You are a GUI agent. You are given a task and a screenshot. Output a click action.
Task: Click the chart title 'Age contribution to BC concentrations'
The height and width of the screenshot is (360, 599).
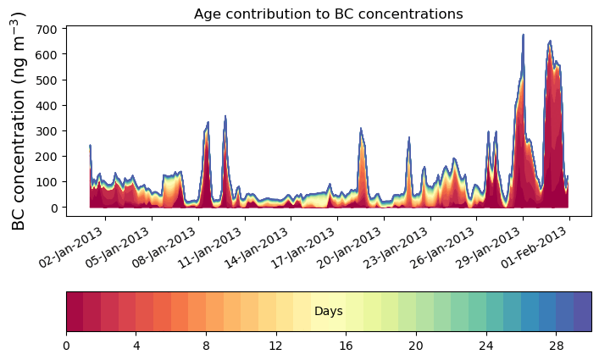click(328, 14)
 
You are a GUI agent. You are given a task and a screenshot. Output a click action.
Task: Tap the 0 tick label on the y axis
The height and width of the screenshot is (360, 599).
click(53, 208)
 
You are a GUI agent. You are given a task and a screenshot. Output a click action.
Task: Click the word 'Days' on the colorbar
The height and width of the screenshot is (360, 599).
click(328, 312)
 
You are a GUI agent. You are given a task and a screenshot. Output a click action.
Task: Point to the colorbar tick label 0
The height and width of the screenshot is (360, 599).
click(66, 345)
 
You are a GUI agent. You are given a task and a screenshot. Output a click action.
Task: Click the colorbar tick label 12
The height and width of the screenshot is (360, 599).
click(275, 345)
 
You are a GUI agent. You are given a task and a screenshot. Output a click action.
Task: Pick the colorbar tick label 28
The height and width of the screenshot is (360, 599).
click(555, 345)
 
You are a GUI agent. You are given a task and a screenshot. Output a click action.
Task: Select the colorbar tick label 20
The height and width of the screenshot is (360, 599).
click(415, 345)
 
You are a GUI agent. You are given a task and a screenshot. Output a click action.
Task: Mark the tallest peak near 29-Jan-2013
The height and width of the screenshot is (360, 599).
click(523, 36)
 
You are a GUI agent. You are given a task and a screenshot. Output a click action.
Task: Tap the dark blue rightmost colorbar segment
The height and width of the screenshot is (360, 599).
click(582, 312)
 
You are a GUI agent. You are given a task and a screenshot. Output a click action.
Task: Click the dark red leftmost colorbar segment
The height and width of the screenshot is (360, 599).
click(75, 312)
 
